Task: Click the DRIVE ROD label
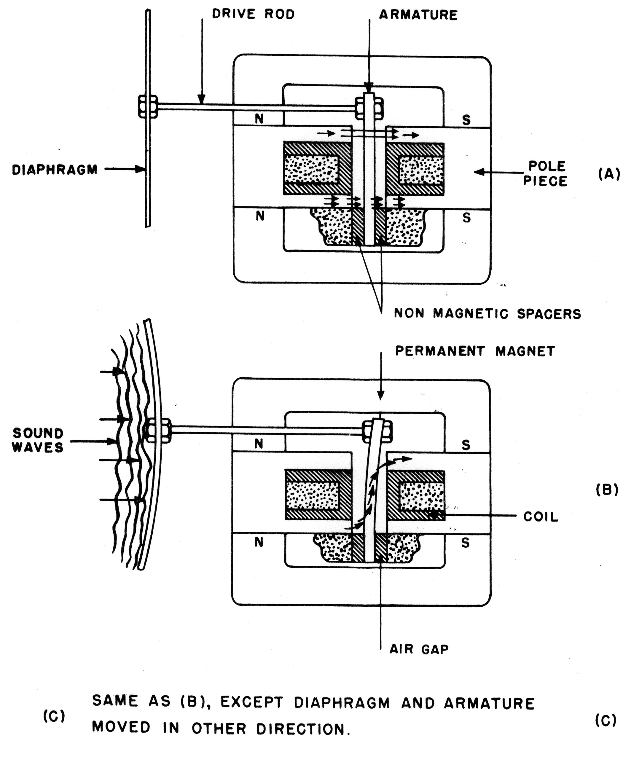253,14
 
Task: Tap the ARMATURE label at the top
418,15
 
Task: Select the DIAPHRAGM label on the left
55,170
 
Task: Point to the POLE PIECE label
545,173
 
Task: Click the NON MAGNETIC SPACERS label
487,313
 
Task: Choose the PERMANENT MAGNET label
475,351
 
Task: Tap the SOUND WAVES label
38,440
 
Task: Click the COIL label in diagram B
541,517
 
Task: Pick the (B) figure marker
607,490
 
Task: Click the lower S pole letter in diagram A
466,217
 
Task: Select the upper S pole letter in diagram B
466,445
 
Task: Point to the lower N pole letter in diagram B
259,542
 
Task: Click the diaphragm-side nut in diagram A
148,106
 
